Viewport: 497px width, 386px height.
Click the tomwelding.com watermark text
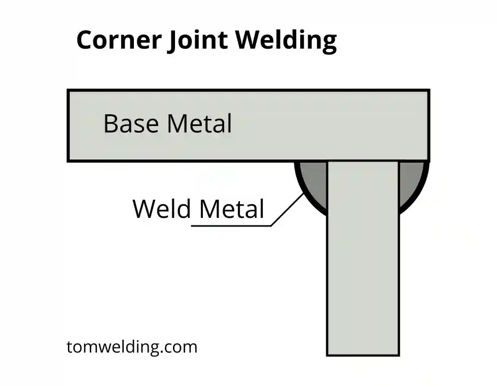tap(132, 347)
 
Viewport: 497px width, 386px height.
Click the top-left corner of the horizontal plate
tap(68, 91)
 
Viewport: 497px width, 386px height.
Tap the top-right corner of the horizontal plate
tap(429, 91)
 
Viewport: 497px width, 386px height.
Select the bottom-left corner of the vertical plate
tap(328, 355)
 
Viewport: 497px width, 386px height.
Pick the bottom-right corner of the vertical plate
tap(398, 355)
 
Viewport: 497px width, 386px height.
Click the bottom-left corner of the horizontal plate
tap(68, 160)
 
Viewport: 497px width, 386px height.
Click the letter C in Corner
tap(85, 40)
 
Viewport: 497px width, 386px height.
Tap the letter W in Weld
tap(143, 209)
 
